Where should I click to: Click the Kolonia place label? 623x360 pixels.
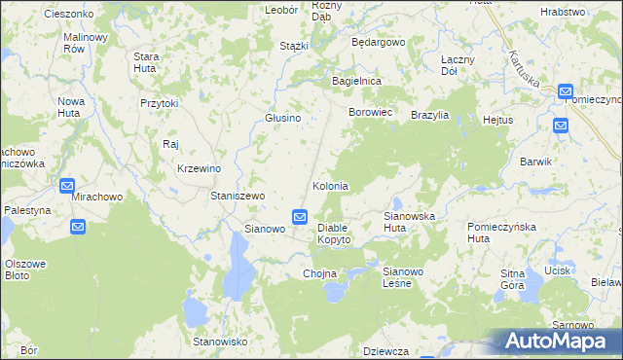coord(330,186)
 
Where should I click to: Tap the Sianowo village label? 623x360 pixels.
coord(264,230)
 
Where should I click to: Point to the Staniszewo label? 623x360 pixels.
coord(238,196)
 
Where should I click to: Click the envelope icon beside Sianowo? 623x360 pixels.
coord(300,216)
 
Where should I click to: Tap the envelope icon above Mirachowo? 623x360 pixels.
coord(67,186)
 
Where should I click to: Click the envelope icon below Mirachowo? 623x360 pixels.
coord(78,227)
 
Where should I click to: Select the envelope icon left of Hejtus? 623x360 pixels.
coord(561,126)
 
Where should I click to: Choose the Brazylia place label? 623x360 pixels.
coord(429,115)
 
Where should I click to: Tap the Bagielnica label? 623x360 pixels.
coord(356,81)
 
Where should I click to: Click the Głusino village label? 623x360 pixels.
coord(283,118)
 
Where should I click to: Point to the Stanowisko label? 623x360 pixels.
coord(221,342)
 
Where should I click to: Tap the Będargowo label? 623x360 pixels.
coord(378,44)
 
